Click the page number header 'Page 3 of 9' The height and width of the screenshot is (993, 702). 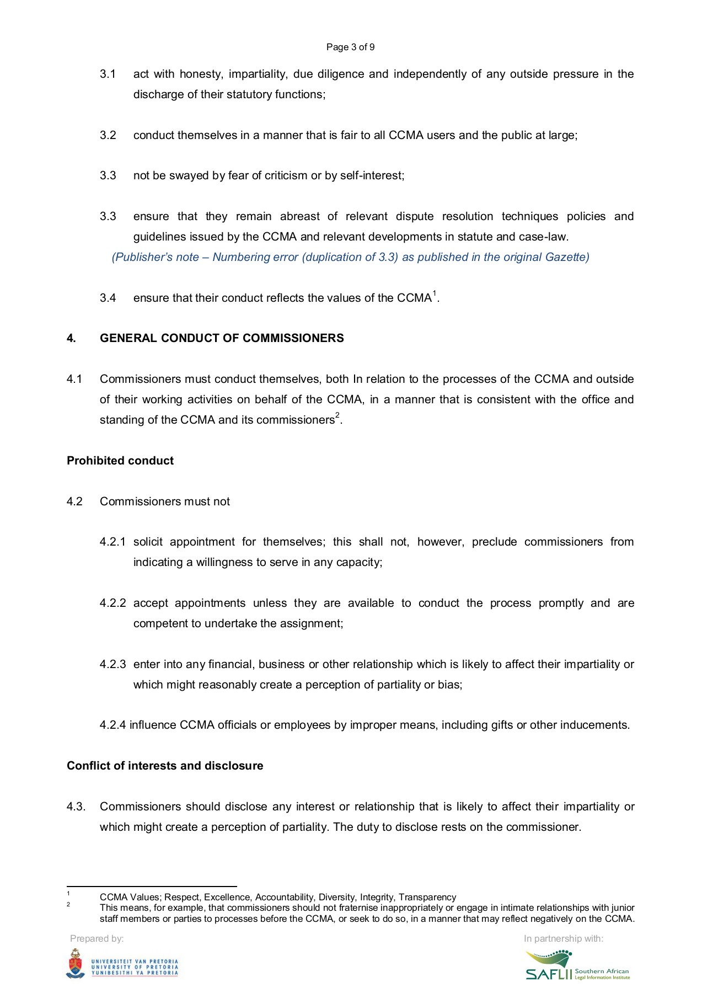(350, 47)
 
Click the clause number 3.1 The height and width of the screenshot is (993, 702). (108, 74)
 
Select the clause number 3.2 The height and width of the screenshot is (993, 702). (108, 136)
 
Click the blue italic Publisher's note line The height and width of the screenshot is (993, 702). (350, 257)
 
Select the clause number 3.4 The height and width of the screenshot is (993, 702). (108, 298)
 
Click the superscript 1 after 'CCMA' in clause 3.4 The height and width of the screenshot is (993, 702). (435, 293)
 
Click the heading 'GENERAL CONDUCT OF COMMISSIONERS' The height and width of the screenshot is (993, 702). (222, 338)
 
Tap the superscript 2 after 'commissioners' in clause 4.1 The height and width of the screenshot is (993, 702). (337, 415)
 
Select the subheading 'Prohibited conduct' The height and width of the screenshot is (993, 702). (120, 461)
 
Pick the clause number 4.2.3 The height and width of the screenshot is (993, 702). (112, 665)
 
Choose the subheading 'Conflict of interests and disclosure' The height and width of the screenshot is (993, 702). (165, 766)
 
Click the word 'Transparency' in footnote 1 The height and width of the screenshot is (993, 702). (427, 898)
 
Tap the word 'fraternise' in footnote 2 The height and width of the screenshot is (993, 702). (358, 908)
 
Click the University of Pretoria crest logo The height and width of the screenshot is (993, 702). (76, 964)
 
